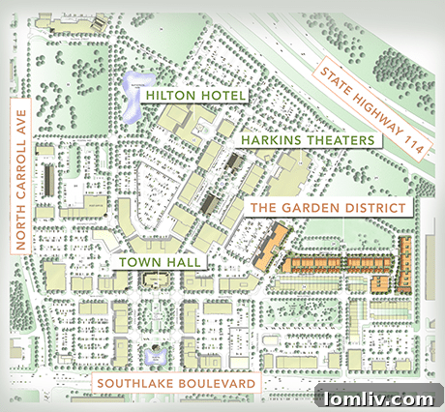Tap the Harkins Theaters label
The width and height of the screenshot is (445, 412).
(x=302, y=141)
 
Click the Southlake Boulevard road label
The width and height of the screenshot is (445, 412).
(x=176, y=384)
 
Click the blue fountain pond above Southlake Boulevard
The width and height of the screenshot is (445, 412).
(x=155, y=357)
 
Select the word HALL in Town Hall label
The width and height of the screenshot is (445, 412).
(x=183, y=262)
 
